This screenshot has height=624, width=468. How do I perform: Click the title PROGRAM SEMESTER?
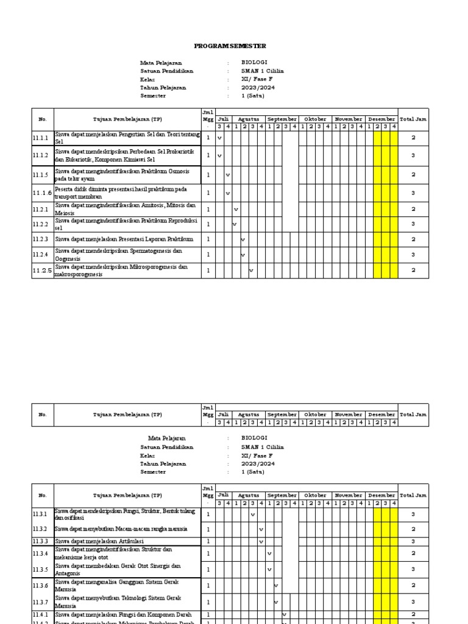pos(230,46)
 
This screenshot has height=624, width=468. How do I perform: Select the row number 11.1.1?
pos(40,138)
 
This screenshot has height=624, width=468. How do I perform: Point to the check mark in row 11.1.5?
pos(228,175)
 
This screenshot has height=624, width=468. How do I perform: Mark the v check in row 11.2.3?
pos(243,239)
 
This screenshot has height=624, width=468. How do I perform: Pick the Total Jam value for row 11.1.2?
pos(413,156)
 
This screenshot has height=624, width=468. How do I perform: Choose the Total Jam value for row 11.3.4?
pos(413,553)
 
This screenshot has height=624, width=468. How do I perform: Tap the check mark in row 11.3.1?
pos(252,515)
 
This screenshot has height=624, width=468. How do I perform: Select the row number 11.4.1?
pos(40,615)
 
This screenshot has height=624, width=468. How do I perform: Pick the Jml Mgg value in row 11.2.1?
pos(208,209)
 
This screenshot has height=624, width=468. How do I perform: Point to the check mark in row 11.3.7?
pos(276,602)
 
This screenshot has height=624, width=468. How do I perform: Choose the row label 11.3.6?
pos(40,586)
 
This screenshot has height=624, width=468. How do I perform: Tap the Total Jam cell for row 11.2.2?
pos(413,224)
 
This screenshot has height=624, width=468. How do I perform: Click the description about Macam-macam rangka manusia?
pos(121,529)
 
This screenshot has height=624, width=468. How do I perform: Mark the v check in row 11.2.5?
pos(250,270)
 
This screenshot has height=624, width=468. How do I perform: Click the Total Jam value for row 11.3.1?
pos(413,515)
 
